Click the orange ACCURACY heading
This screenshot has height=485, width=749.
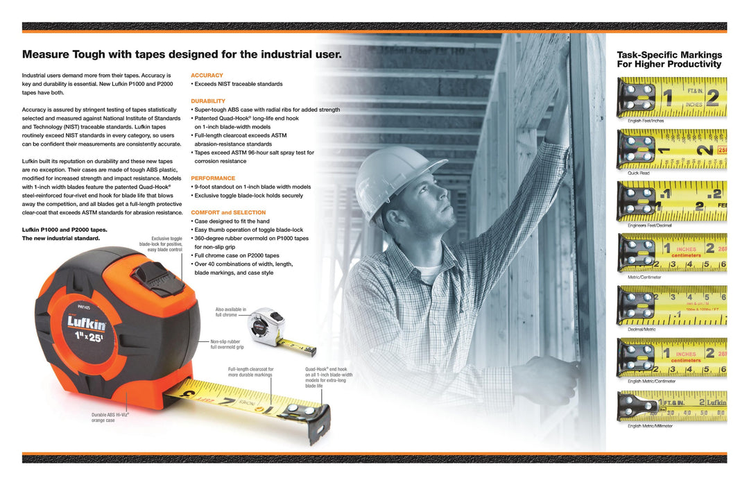point(207,75)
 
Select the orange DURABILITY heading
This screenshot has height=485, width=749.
point(208,101)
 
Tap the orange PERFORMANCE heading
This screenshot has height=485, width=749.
point(212,178)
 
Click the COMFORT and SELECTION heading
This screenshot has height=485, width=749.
point(228,212)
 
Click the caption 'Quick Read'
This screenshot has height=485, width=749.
point(639,173)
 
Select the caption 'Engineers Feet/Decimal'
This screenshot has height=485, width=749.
point(649,225)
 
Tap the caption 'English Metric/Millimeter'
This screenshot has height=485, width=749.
point(650,426)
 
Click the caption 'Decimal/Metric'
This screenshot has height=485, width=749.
point(642,329)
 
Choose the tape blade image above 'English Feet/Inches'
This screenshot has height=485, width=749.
point(671,97)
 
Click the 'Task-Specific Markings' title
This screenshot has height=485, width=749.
point(669,55)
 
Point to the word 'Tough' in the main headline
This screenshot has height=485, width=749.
point(97,54)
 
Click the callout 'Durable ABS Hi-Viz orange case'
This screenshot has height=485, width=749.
point(110,417)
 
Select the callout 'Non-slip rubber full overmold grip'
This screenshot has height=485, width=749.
point(225,344)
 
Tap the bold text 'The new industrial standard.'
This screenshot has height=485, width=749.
point(61,238)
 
